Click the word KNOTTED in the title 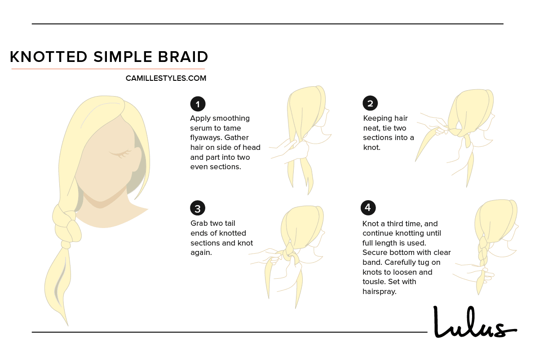point(49,57)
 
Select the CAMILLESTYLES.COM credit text point(166,79)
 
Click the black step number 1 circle point(198,104)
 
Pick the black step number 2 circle point(370,104)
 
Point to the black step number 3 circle point(198,208)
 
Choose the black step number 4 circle point(368,208)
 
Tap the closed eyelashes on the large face point(119,154)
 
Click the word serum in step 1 point(201,128)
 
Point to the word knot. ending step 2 point(372,147)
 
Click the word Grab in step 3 point(199,224)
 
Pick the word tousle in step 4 point(374,282)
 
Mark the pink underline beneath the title point(108,69)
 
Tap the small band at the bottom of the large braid point(66,245)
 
